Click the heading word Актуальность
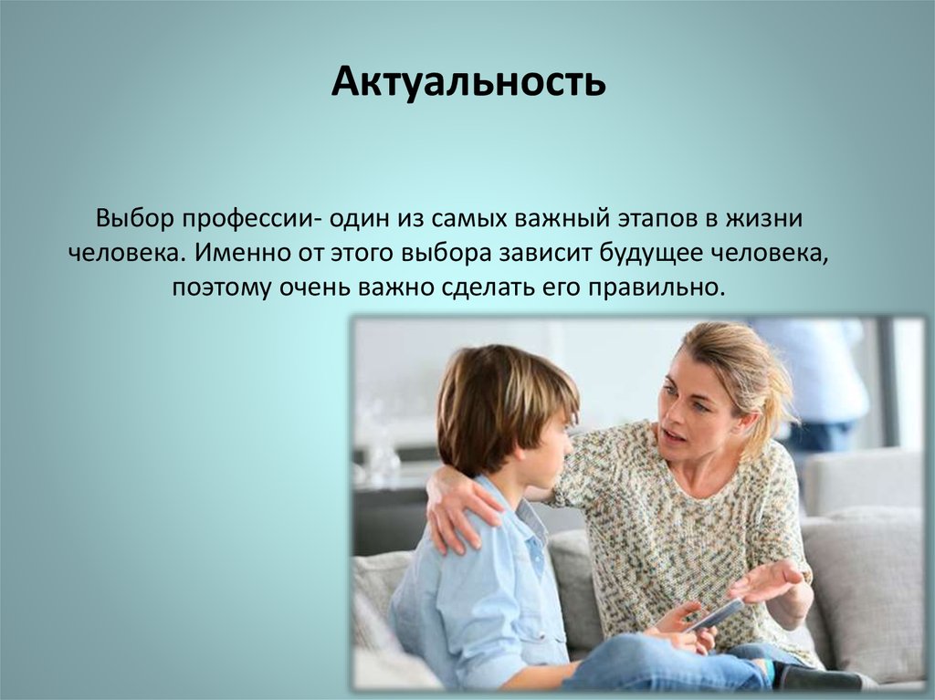point(468,81)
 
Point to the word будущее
point(650,254)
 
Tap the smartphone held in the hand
point(714,615)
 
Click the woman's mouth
point(672,438)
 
